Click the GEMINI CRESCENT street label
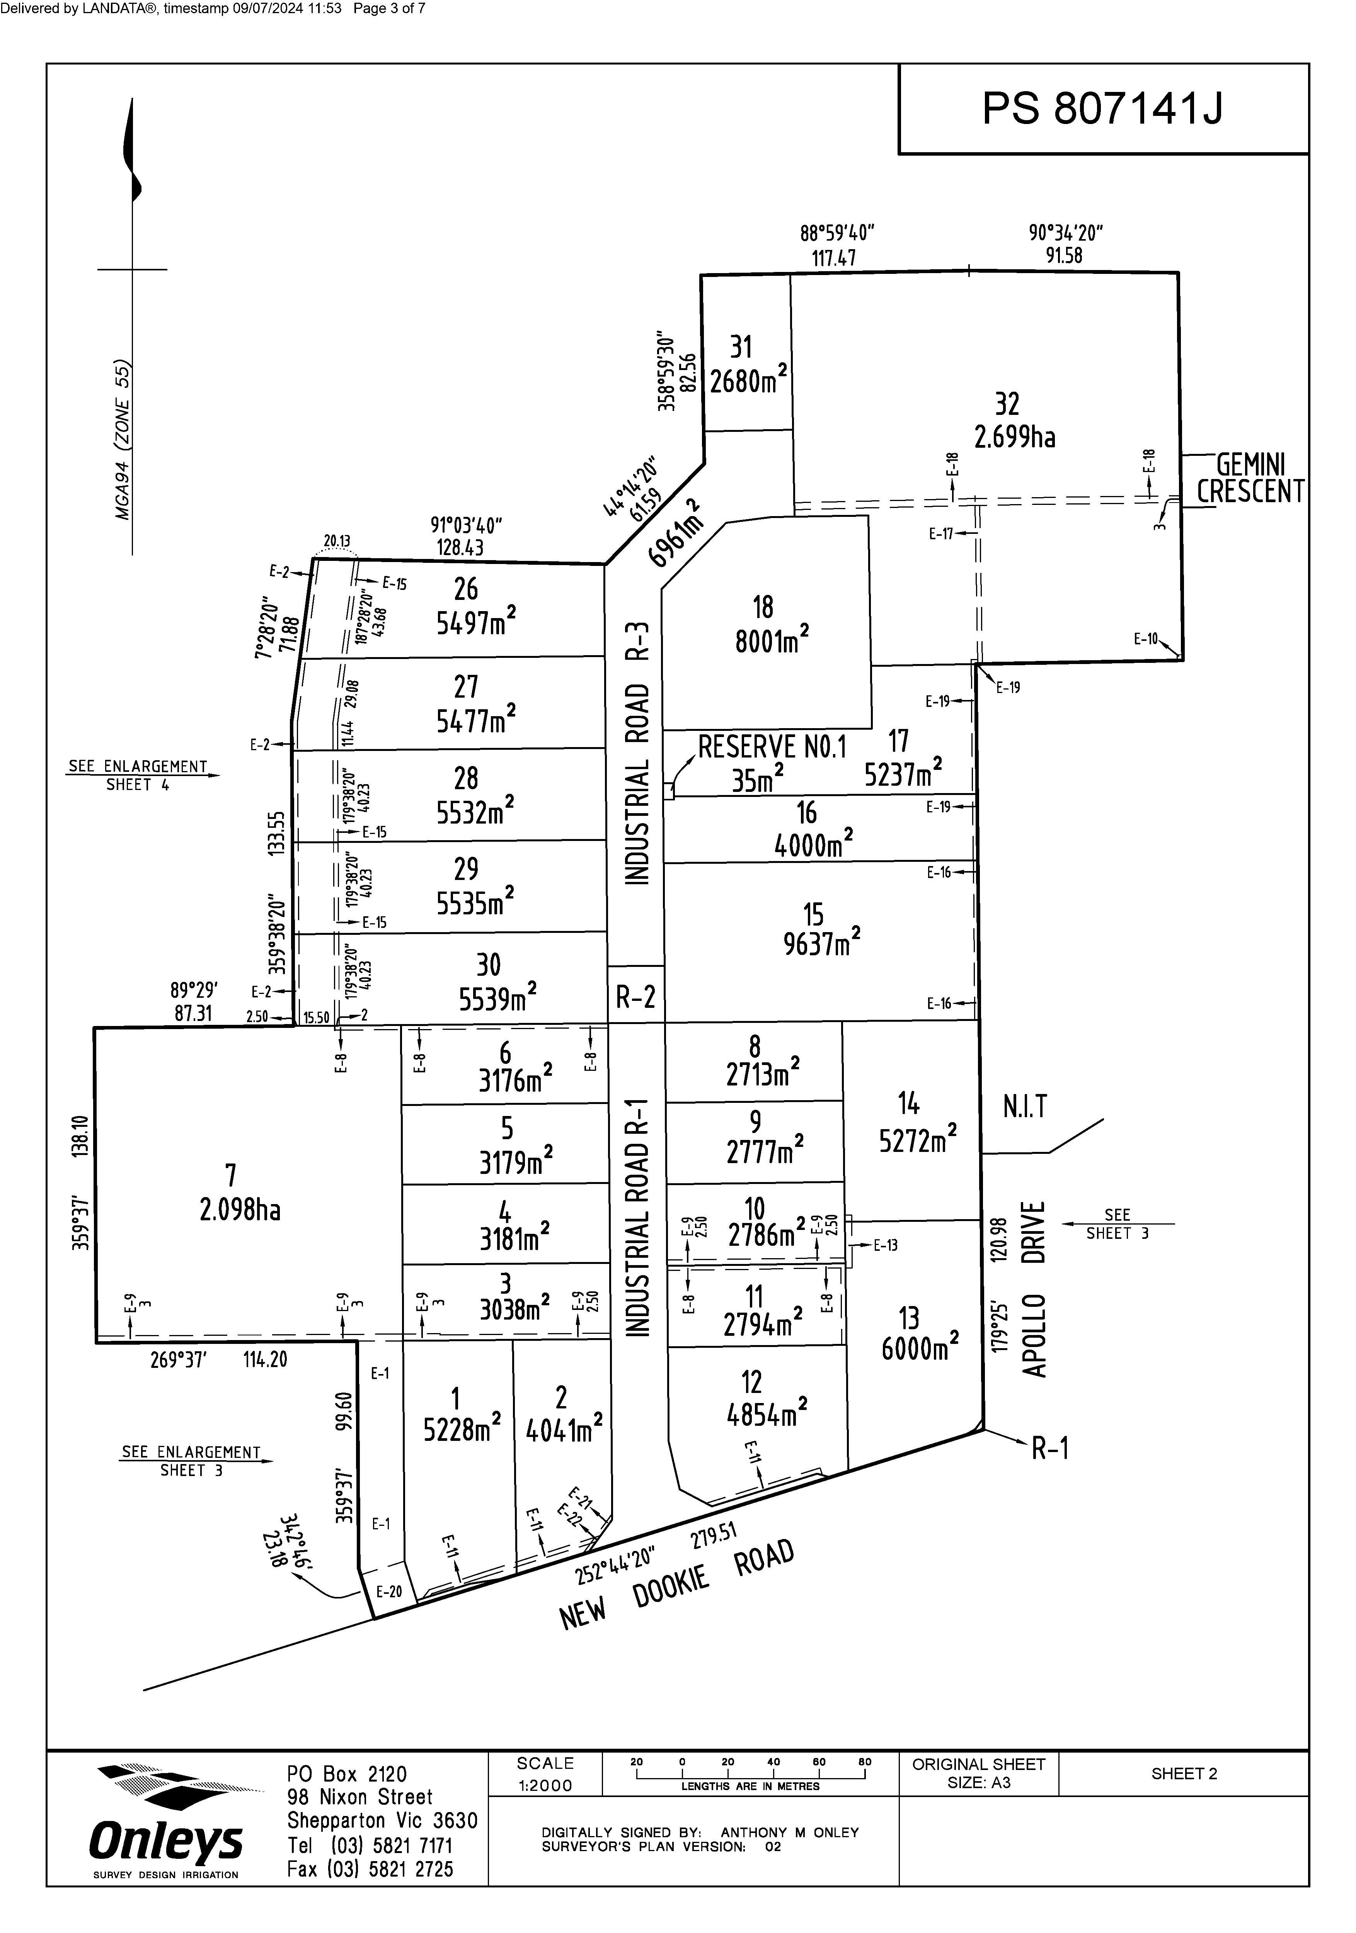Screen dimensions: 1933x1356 coord(1251,478)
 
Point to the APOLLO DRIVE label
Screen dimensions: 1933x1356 coord(1035,1289)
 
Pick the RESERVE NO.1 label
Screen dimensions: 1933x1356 coord(772,747)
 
